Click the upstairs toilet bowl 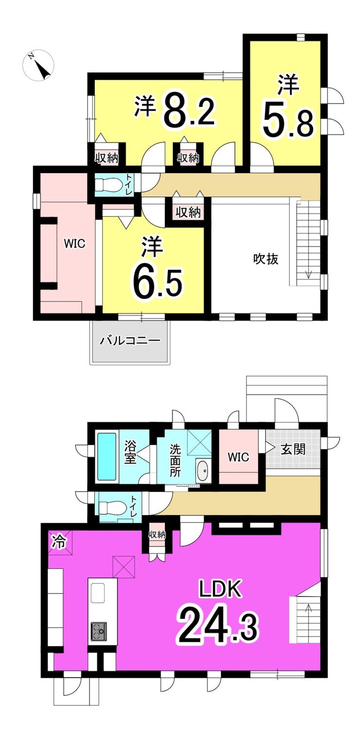tap(108, 185)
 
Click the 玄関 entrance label tap(293, 448)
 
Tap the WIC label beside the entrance tap(239, 457)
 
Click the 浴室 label tap(130, 452)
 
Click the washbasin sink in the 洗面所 tap(203, 470)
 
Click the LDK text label tap(219, 590)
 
